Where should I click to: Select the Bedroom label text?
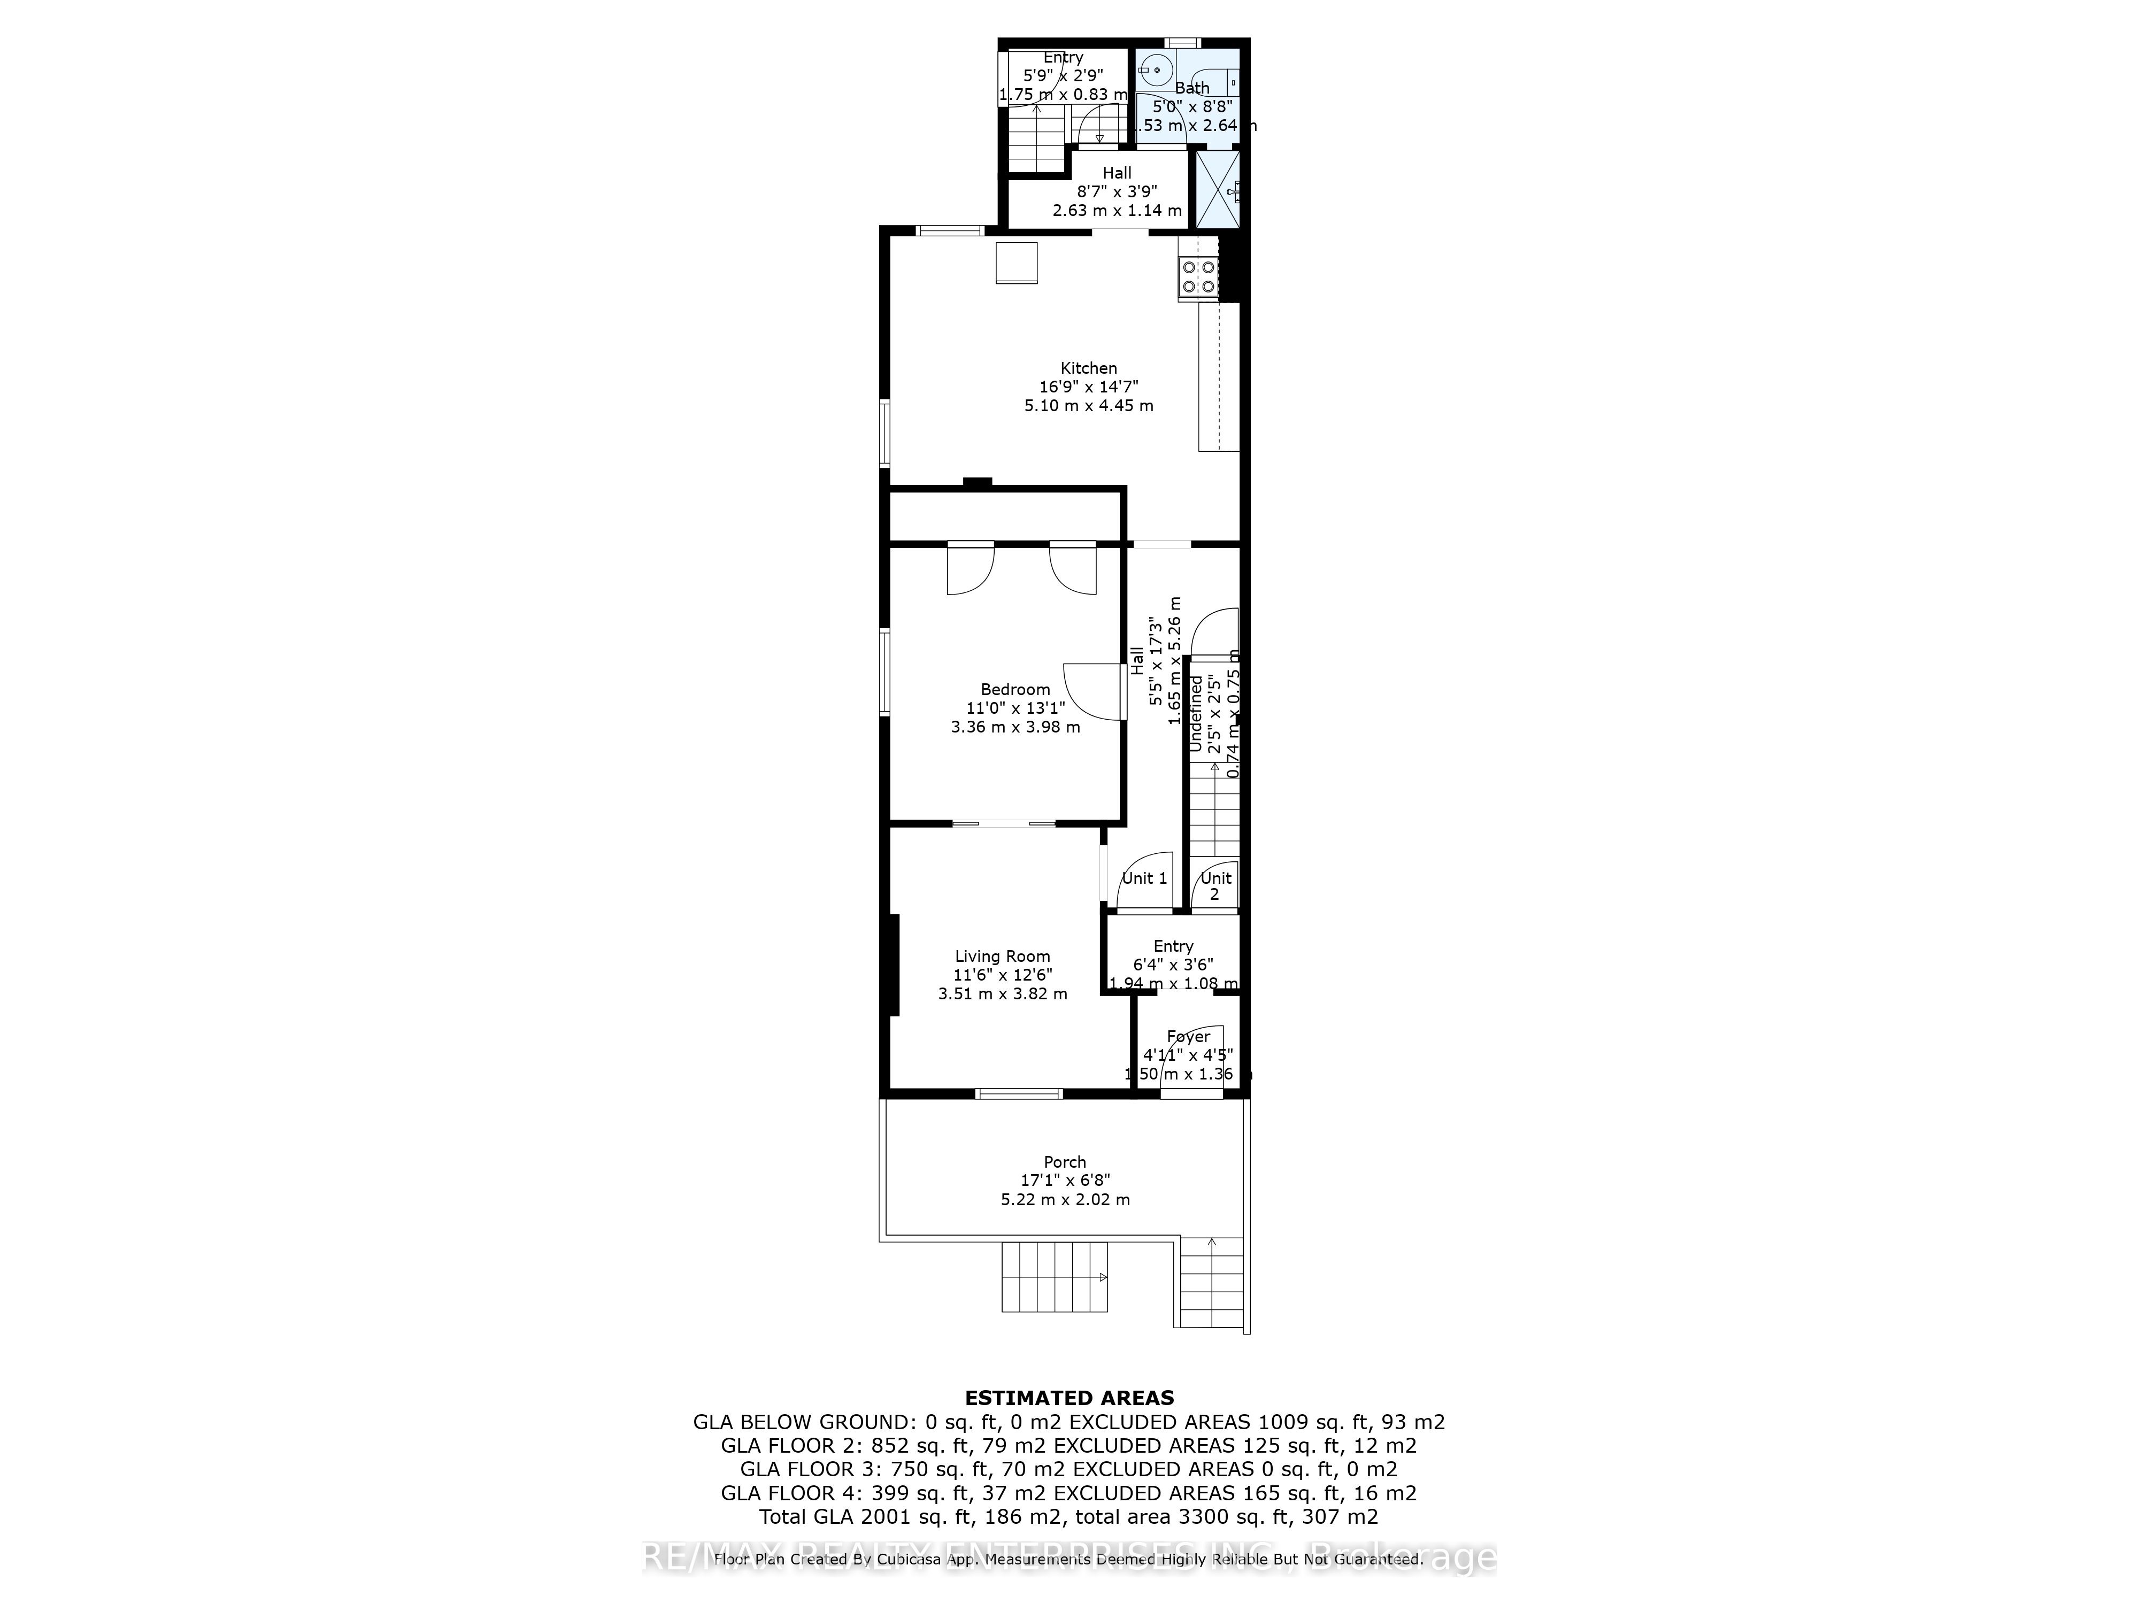click(1015, 689)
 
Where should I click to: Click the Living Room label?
click(1003, 956)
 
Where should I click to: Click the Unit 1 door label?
click(1144, 878)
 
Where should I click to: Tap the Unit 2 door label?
click(1215, 885)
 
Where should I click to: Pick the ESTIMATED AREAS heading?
click(1069, 1397)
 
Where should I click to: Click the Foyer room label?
click(1188, 1037)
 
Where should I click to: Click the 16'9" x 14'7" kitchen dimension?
click(1089, 387)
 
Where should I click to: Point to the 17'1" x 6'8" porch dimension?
click(1065, 1181)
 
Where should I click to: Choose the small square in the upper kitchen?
click(1017, 263)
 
